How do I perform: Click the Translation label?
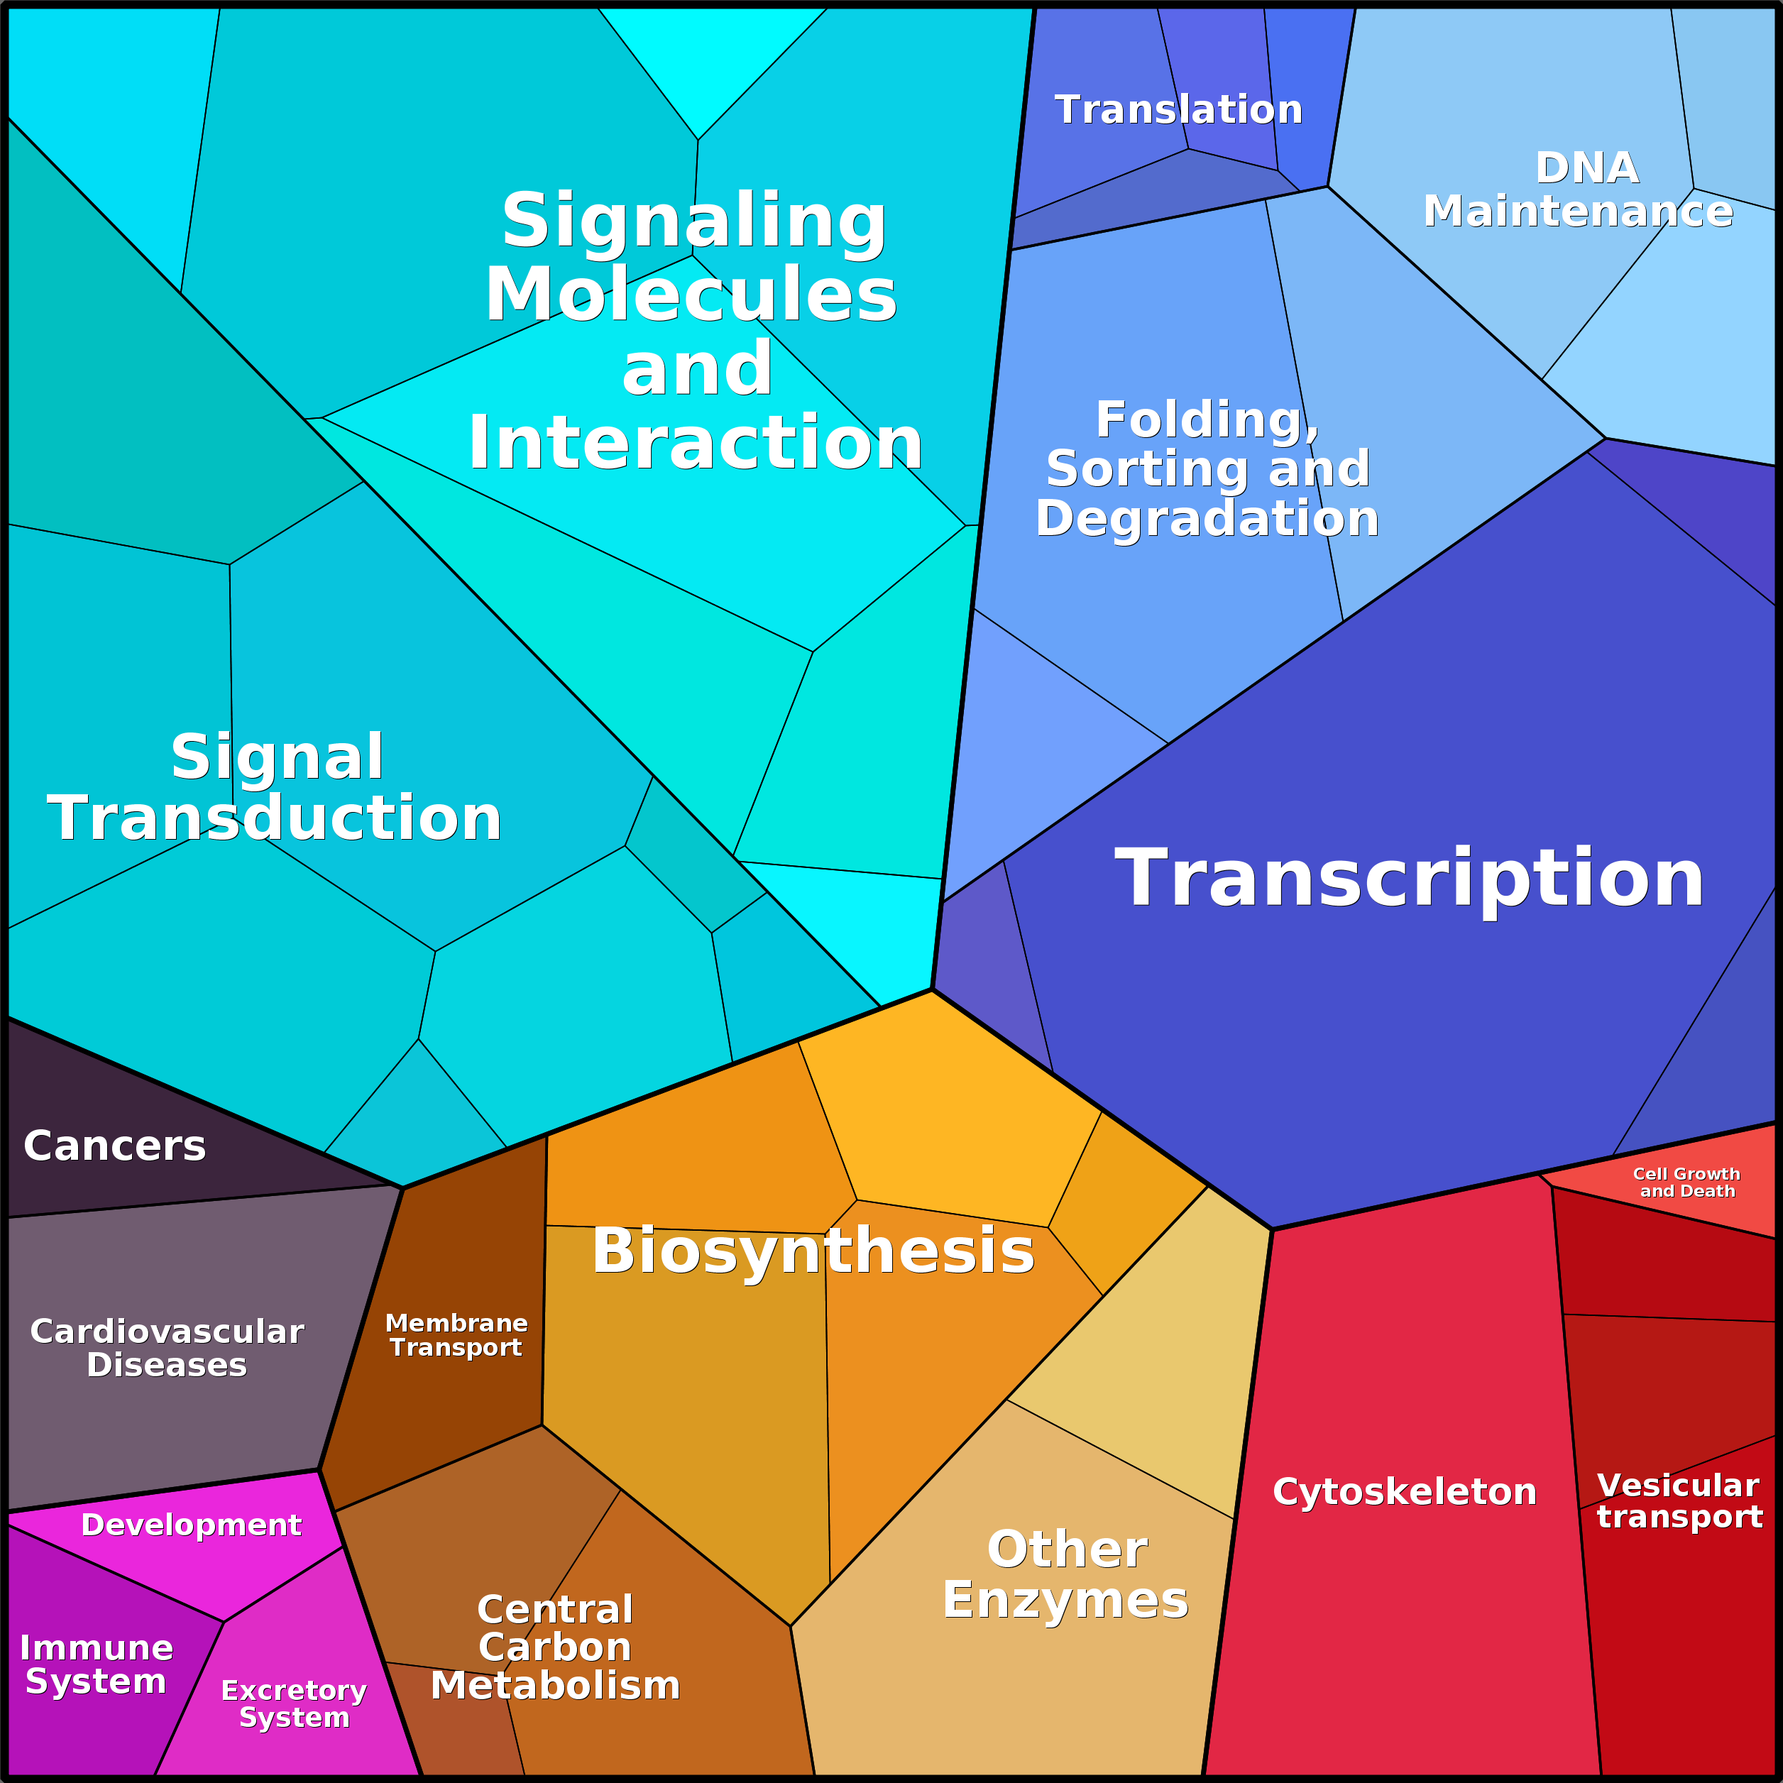pos(1178,110)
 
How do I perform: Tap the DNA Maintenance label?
pos(1578,190)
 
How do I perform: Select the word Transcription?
pos(1409,879)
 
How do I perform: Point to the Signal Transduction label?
pos(275,787)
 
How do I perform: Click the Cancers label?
pos(114,1146)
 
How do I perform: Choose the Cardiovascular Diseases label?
pos(167,1349)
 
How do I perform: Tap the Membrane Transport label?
pos(456,1335)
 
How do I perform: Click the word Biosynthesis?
pos(813,1251)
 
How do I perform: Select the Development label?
pos(191,1525)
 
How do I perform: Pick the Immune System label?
pos(96,1665)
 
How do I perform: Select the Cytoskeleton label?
pos(1405,1491)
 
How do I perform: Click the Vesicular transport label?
pos(1679,1501)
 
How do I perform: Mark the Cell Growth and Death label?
pos(1687,1183)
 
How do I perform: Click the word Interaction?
pos(695,444)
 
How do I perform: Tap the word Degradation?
pos(1207,519)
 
